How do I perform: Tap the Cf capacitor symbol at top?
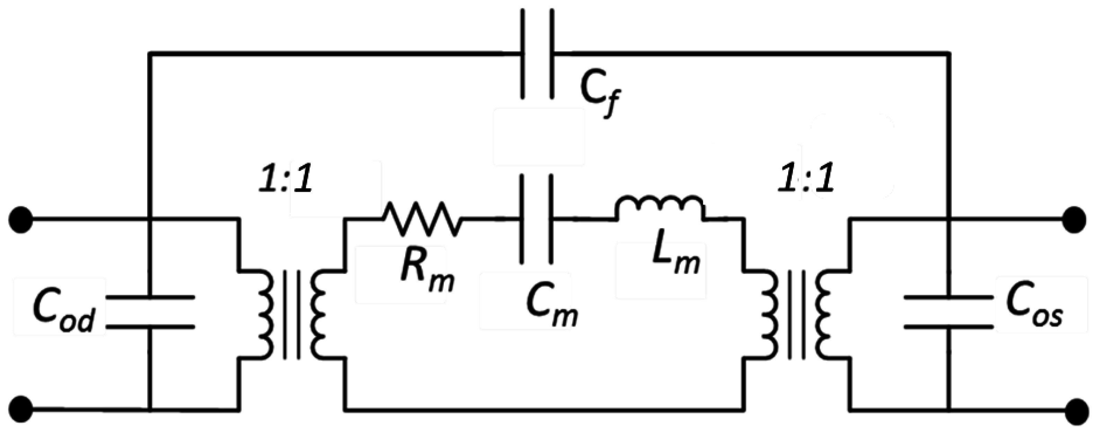tap(537, 54)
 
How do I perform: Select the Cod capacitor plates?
tap(150, 312)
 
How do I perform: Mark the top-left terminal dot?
tap(20, 219)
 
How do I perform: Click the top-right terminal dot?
tap(1074, 219)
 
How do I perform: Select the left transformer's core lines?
tap(292, 314)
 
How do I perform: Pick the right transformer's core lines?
tap(796, 314)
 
